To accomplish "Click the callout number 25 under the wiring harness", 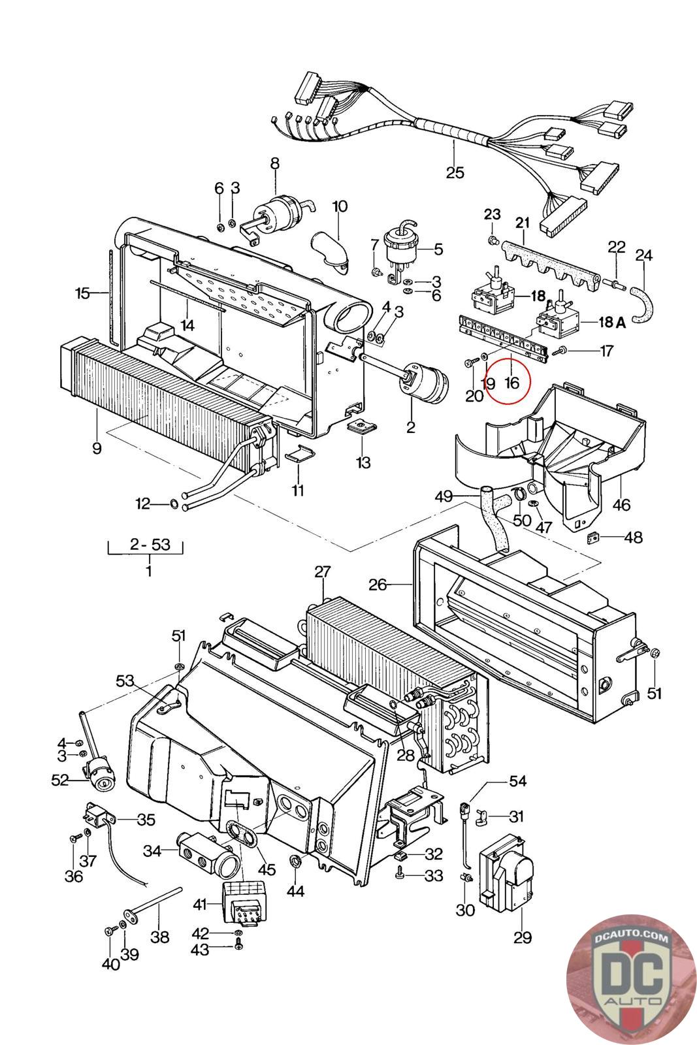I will (455, 172).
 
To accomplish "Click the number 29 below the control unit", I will (522, 938).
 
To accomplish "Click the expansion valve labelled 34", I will (206, 857).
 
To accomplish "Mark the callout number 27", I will (323, 572).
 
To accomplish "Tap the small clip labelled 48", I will (595, 538).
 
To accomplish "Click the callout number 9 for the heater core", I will (97, 449).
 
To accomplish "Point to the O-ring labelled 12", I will (174, 504).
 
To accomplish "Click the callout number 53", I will (125, 681).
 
